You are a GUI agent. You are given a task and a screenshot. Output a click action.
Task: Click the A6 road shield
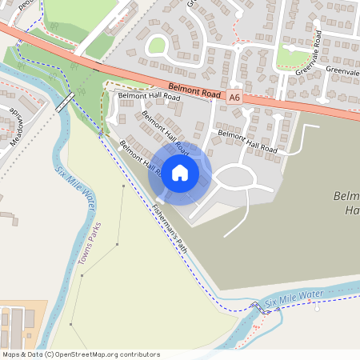coord(234,97)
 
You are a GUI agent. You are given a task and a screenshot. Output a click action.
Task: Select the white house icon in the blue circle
coord(180,172)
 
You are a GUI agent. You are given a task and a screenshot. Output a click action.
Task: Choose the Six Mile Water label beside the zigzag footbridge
coord(294,298)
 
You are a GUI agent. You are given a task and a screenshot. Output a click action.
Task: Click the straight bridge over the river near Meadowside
coord(66,102)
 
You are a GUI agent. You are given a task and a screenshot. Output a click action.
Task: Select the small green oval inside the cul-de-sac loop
coord(157,46)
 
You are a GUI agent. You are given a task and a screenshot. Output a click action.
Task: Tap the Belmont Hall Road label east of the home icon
coord(247,142)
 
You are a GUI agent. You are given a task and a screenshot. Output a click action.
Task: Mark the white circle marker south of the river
coord(316,309)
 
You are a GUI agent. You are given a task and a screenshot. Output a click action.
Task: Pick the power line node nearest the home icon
coord(122,186)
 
